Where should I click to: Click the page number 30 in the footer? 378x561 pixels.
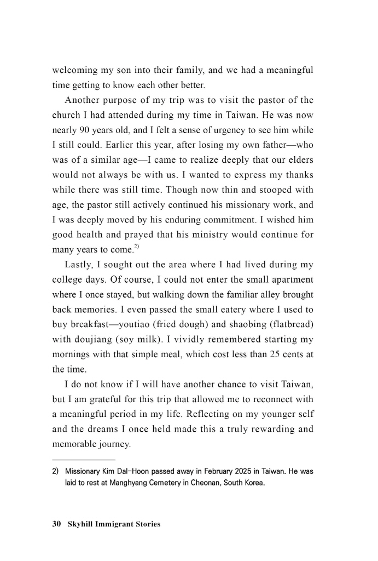pos(56,524)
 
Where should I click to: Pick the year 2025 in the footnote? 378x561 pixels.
pos(234,471)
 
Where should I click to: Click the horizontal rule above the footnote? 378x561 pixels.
pos(84,460)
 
